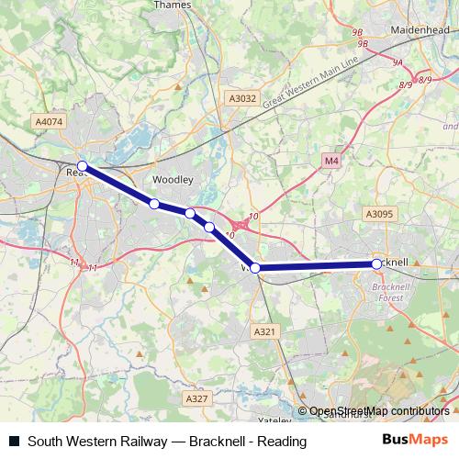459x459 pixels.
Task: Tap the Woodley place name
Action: [173, 179]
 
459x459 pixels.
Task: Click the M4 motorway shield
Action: [331, 162]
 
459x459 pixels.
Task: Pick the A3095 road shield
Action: [378, 214]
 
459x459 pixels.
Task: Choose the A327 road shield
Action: [196, 398]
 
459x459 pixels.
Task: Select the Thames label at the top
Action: [172, 4]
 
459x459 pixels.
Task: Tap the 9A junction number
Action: [397, 62]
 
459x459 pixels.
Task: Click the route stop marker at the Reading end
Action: [83, 166]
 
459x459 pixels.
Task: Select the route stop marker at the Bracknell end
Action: [376, 263]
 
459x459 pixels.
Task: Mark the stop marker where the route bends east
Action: [256, 268]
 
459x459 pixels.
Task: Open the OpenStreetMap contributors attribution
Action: [378, 411]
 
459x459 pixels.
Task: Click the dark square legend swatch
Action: [14, 442]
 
